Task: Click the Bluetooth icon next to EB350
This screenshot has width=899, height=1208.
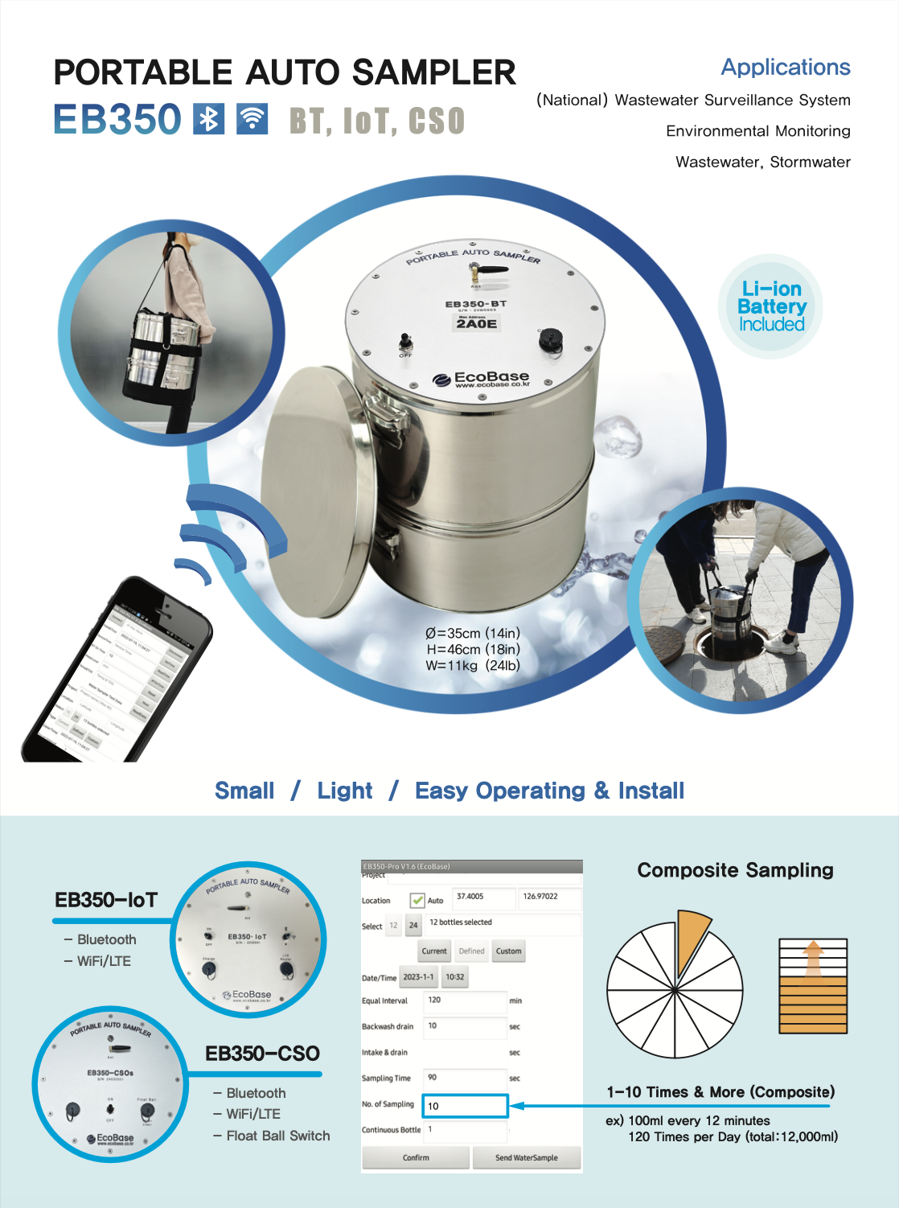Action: pyautogui.click(x=209, y=119)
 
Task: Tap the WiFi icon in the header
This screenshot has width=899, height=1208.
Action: pyautogui.click(x=252, y=119)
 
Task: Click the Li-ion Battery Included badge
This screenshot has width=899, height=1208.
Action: pyautogui.click(x=771, y=306)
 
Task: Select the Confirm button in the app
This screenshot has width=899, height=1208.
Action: pyautogui.click(x=416, y=1157)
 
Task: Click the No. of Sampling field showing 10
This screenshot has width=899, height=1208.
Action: pyautogui.click(x=466, y=1106)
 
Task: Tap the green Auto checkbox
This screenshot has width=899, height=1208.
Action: pyautogui.click(x=417, y=900)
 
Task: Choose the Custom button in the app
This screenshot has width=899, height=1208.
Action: pyautogui.click(x=508, y=951)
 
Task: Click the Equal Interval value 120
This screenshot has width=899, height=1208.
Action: pyautogui.click(x=465, y=1001)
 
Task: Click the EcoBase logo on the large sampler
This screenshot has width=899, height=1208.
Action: pyautogui.click(x=482, y=378)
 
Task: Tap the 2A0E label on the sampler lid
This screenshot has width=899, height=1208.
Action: pyautogui.click(x=477, y=323)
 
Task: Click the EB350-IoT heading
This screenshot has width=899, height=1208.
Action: pyautogui.click(x=106, y=900)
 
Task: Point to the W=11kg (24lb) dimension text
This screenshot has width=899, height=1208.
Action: pyautogui.click(x=473, y=665)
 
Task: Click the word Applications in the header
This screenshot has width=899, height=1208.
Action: pyautogui.click(x=785, y=68)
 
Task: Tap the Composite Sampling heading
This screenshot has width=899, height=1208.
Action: pyautogui.click(x=735, y=870)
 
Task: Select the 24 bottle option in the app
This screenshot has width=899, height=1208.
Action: pyautogui.click(x=413, y=926)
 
